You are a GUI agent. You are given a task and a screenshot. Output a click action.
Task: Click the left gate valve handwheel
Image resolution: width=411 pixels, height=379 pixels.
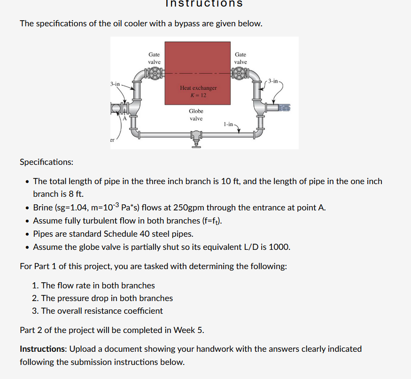[x=154, y=74]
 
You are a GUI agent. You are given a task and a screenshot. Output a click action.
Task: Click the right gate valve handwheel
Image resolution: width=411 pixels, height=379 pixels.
[x=240, y=74]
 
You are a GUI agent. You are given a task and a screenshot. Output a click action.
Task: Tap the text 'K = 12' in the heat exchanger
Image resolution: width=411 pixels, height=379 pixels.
[x=198, y=95]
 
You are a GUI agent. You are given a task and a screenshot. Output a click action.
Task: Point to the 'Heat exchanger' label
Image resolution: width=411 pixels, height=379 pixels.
[x=198, y=88]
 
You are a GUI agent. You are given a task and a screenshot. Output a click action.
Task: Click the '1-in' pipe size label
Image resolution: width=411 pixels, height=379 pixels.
[x=229, y=124]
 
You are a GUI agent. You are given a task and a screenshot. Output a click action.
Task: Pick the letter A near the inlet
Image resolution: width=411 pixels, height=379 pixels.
[x=124, y=119]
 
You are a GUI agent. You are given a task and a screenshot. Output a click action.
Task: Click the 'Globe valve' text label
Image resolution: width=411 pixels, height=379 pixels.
[x=196, y=115]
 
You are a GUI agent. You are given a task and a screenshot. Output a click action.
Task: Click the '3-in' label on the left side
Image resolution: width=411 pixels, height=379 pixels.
[x=116, y=84]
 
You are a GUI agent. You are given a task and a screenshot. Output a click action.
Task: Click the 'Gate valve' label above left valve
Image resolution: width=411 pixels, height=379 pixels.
[x=154, y=58]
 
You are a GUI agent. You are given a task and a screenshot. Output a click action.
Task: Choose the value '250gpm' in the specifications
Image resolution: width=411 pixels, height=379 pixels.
[x=187, y=207]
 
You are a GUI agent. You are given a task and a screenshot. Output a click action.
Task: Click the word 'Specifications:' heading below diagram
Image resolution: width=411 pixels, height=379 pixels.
[x=47, y=162]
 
